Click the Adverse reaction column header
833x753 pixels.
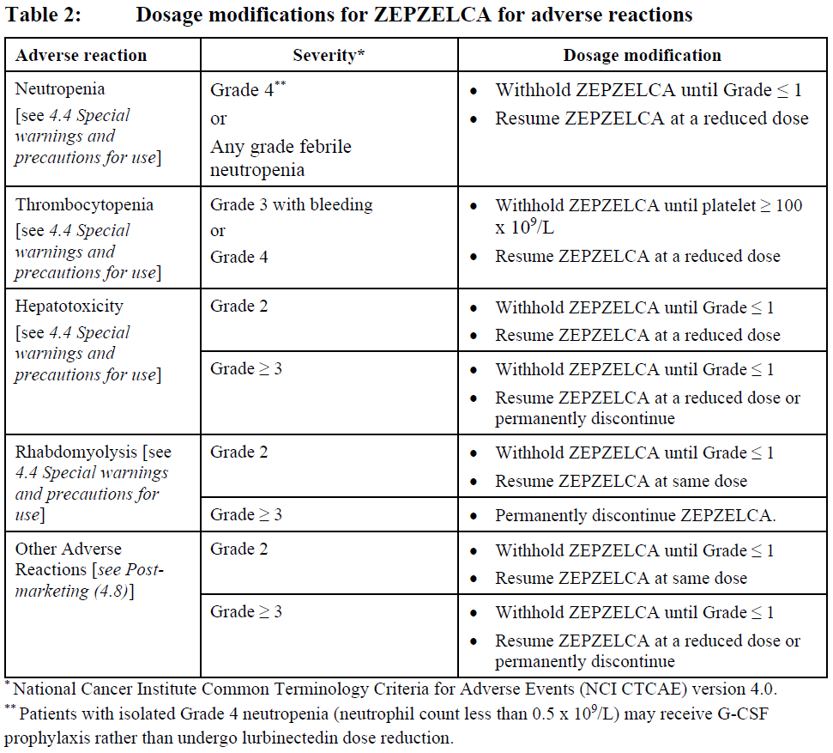[81, 56]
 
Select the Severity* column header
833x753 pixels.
[329, 56]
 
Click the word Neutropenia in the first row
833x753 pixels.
[60, 89]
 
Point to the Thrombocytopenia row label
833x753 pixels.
[84, 205]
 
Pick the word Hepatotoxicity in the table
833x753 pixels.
[69, 307]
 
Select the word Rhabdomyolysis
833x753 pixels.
[77, 452]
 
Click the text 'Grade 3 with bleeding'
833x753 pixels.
[292, 205]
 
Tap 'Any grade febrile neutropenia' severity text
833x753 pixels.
[281, 158]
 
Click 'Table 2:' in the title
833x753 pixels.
[43, 15]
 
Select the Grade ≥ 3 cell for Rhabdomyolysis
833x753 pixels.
[246, 515]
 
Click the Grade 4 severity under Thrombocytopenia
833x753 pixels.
[239, 257]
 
